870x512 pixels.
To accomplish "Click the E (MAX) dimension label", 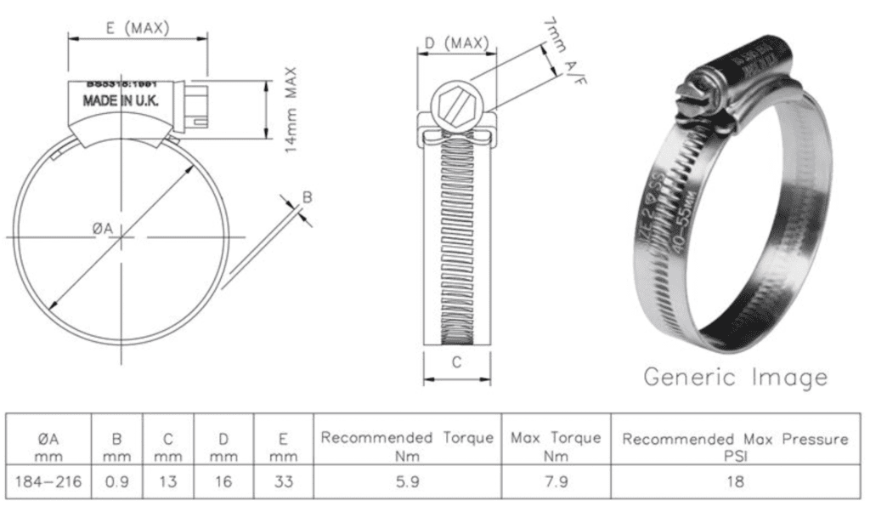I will [x=138, y=27].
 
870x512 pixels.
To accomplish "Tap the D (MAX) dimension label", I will [x=456, y=43].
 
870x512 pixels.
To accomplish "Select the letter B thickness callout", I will [x=308, y=197].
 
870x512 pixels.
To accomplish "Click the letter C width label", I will [x=456, y=362].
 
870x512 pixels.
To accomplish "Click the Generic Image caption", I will [x=735, y=376].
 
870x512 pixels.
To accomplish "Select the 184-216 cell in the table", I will [x=48, y=481].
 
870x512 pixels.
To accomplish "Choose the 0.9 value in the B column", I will [x=116, y=481].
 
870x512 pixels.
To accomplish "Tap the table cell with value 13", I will [x=168, y=481].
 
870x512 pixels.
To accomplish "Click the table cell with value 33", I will [x=283, y=481].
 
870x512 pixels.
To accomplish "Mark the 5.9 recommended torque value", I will [x=407, y=481].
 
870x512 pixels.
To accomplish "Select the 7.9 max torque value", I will [x=556, y=481].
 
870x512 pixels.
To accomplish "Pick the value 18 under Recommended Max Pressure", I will [x=735, y=481].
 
